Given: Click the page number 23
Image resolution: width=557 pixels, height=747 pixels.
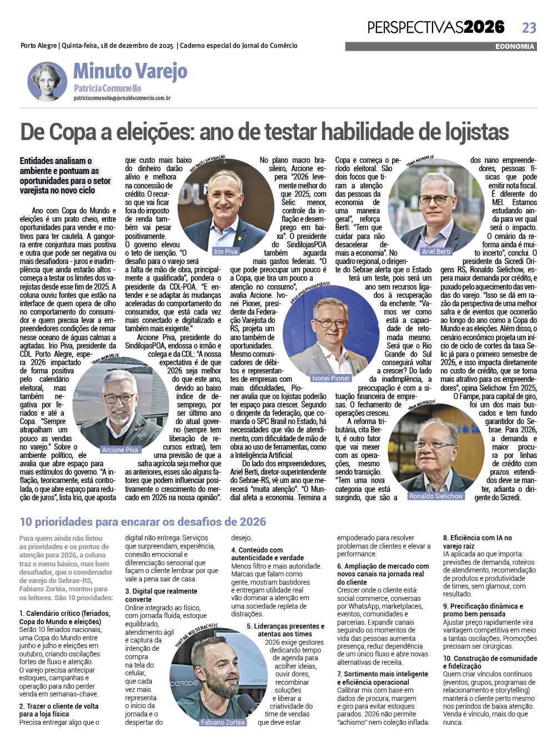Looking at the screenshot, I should [529, 27].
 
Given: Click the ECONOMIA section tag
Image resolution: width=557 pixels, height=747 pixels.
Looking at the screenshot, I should [515, 47].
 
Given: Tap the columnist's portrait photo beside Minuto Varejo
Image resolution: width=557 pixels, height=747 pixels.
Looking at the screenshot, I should [47, 81].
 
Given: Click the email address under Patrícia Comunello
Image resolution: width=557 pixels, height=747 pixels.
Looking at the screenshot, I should [122, 98].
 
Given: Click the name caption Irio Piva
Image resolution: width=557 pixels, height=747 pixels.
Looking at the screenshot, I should [225, 251].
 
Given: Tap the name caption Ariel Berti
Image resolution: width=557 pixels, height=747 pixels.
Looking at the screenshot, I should [436, 251].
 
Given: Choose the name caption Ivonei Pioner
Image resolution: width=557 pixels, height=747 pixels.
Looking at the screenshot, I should [331, 378].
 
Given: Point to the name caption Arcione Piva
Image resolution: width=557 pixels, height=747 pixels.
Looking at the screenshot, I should [120, 450].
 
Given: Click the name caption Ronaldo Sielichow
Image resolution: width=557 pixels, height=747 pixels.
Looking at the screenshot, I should [436, 496].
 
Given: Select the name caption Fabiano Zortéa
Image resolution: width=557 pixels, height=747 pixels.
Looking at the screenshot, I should [223, 722].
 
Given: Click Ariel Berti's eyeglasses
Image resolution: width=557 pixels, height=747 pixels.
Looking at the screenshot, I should [435, 199].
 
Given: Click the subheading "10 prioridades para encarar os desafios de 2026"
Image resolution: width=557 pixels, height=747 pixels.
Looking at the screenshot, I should [143, 521].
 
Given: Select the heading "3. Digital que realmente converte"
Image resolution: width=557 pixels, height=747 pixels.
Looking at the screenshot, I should [161, 595].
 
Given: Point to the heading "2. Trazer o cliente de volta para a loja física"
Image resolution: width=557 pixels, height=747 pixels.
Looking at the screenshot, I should [59, 710].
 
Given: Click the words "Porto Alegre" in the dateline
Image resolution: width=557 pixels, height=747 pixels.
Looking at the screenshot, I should [38, 46].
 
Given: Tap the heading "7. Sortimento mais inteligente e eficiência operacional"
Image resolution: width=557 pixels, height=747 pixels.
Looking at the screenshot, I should [383, 678].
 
